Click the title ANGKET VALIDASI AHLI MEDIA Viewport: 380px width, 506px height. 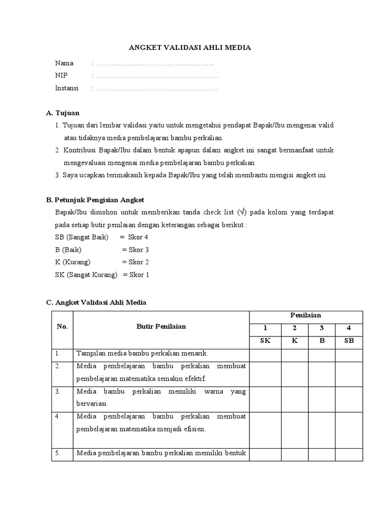tap(190, 47)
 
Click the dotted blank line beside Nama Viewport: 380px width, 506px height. tap(155, 63)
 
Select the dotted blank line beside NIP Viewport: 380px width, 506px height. tap(157, 76)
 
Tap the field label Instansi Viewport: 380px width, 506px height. tap(67, 88)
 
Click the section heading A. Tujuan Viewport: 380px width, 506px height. tap(62, 113)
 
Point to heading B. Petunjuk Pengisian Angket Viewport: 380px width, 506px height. tap(95, 200)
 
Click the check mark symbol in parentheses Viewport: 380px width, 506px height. tap(241, 212)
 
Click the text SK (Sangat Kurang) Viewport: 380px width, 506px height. tap(86, 275)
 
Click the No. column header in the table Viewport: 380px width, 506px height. tap(62, 327)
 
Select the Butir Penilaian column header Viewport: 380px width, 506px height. tap(161, 327)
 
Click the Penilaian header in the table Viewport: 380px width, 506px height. tap(306, 315)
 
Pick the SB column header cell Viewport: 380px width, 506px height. tap(349, 341)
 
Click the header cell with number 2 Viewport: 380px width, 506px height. tap(294, 328)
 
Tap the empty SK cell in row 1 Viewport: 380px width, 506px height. tap(265, 354)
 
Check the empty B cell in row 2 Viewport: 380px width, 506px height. tap(322, 373)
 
